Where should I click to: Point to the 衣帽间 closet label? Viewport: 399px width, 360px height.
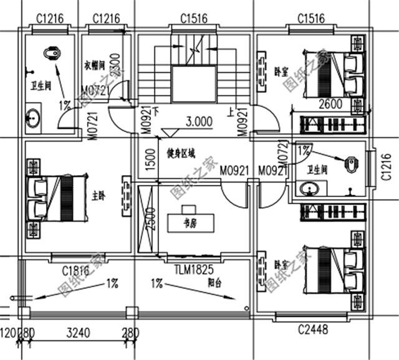(96, 64)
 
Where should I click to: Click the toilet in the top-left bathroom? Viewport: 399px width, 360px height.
(53, 55)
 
